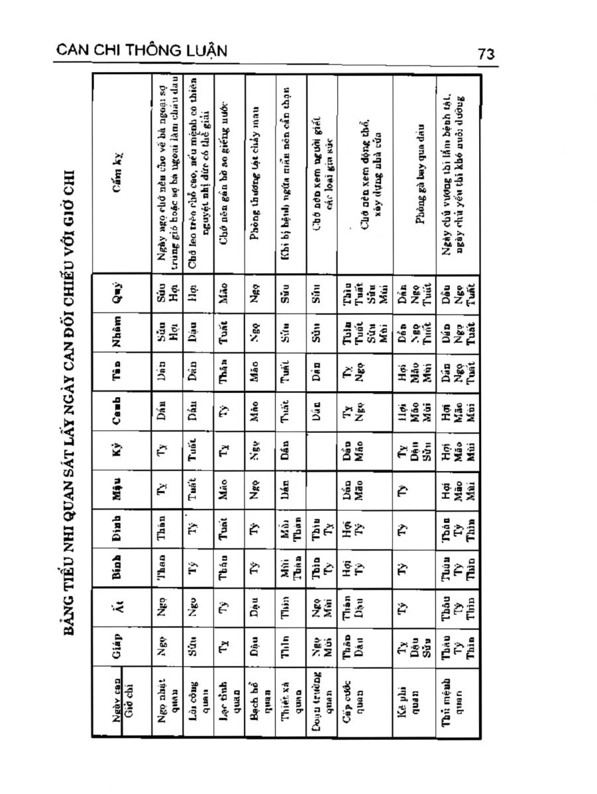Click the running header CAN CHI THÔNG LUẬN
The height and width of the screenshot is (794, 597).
click(x=142, y=50)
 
